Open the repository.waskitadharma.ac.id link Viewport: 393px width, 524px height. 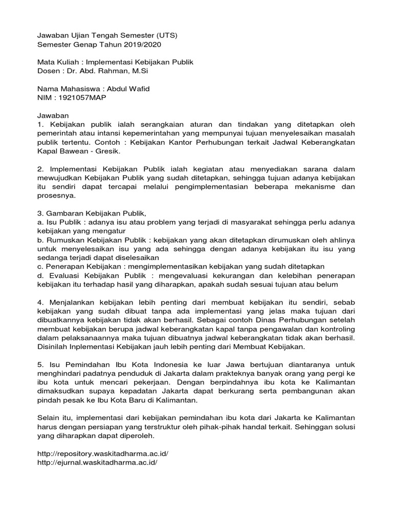click(103, 453)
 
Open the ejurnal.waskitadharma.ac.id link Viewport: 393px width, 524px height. click(98, 462)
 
